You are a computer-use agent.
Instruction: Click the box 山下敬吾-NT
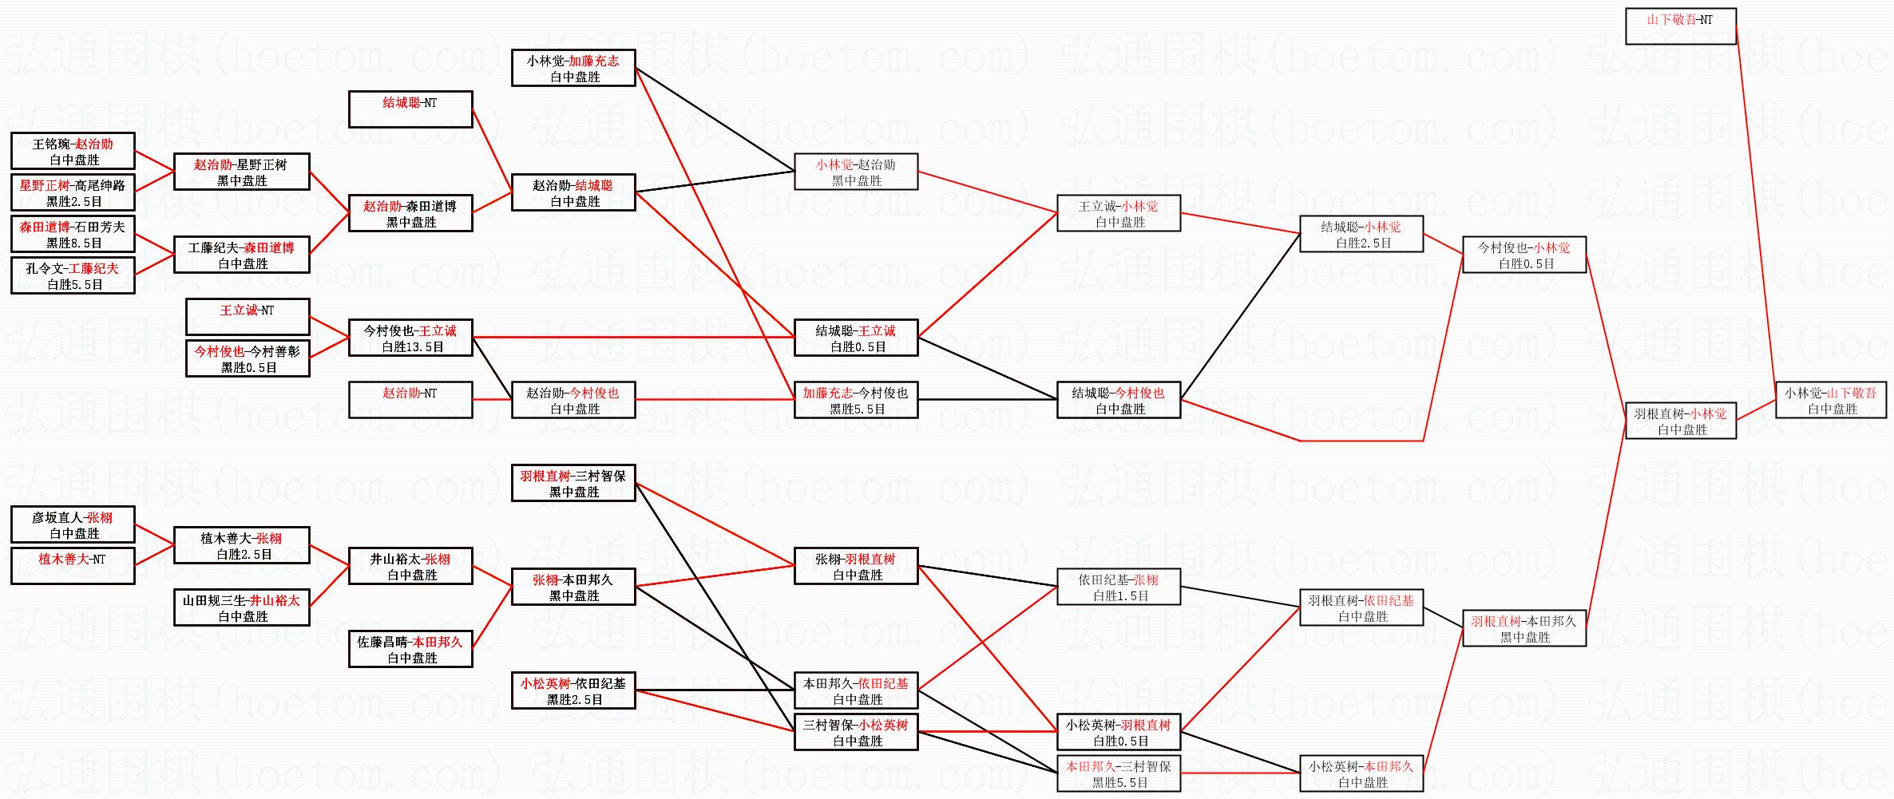(1680, 26)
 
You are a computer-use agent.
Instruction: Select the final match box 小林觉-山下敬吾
(1832, 400)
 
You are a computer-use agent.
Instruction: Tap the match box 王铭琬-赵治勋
(73, 152)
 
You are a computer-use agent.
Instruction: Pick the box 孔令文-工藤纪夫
(73, 276)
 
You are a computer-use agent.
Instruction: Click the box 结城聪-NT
(410, 109)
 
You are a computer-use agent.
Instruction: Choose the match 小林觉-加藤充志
(573, 68)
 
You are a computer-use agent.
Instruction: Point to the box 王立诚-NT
(248, 317)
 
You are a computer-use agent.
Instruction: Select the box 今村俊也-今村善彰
(248, 358)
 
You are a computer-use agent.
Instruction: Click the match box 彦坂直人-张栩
(73, 525)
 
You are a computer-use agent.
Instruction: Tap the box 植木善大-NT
(73, 566)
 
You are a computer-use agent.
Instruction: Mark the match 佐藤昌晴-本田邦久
(410, 649)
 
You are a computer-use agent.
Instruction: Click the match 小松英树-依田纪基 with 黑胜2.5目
(573, 690)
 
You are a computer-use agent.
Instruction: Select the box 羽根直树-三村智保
(573, 484)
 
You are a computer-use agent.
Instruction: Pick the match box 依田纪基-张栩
(1119, 587)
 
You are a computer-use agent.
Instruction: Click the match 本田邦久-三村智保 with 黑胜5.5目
(1119, 773)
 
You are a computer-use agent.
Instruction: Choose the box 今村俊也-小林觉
(1524, 255)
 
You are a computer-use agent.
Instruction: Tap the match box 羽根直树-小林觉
(1681, 421)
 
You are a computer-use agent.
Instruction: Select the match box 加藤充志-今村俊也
(856, 400)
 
